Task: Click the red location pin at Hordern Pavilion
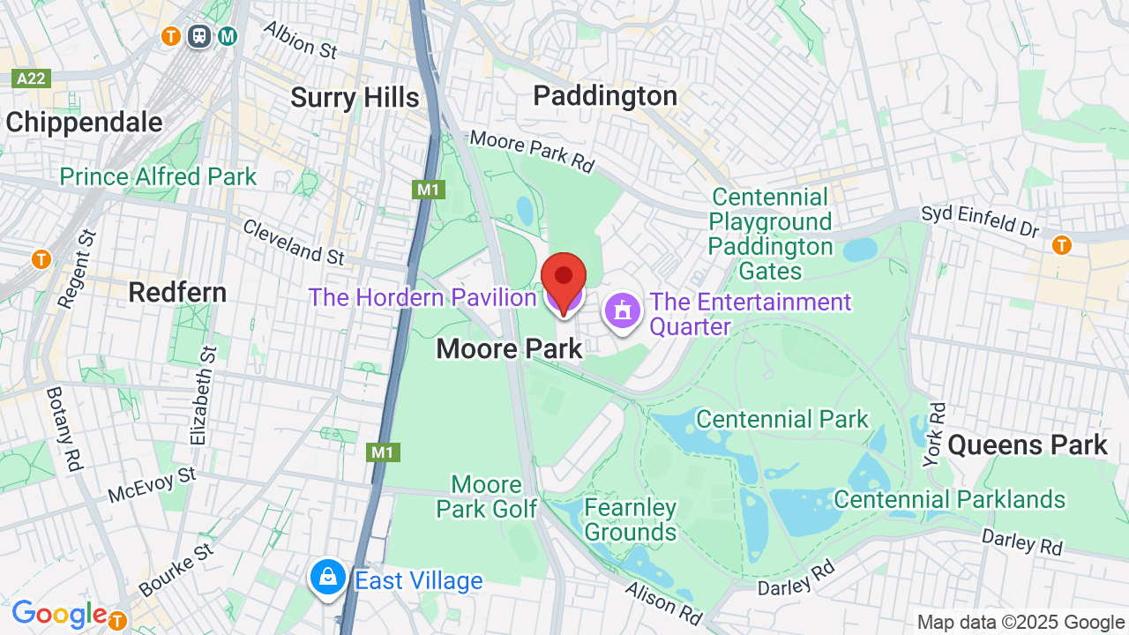pyautogui.click(x=564, y=280)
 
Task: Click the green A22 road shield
pyautogui.click(x=32, y=78)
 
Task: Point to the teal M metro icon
pyautogui.click(x=228, y=36)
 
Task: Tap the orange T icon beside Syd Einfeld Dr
pyautogui.click(x=1062, y=244)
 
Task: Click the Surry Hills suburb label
pyautogui.click(x=355, y=98)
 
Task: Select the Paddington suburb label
pyautogui.click(x=605, y=95)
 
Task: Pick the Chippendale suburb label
pyautogui.click(x=84, y=123)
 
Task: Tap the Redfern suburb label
pyautogui.click(x=177, y=292)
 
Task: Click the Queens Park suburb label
pyautogui.click(x=1028, y=445)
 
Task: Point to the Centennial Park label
pyautogui.click(x=782, y=419)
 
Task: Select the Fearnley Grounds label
pyautogui.click(x=630, y=519)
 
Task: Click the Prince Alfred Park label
pyautogui.click(x=158, y=176)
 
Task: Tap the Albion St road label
pyautogui.click(x=301, y=41)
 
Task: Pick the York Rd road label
pyautogui.click(x=934, y=435)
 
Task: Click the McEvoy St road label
pyautogui.click(x=152, y=485)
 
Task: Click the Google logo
pyautogui.click(x=59, y=614)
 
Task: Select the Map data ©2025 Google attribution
pyautogui.click(x=1021, y=622)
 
